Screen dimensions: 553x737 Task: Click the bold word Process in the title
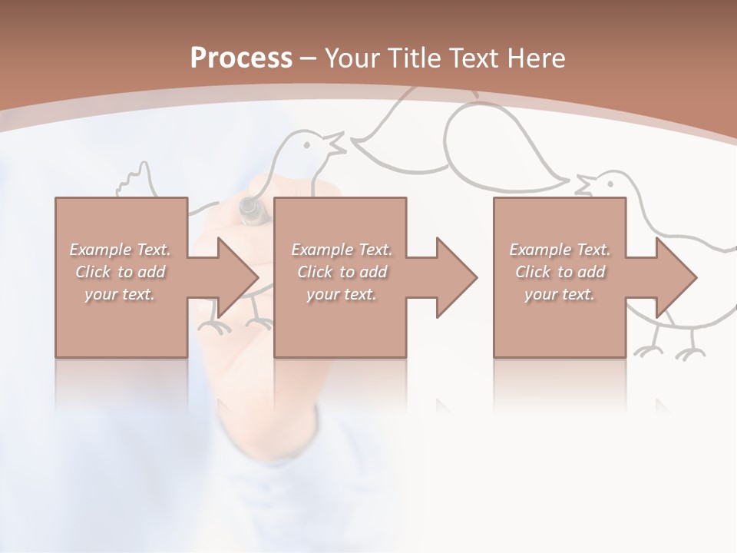tap(241, 58)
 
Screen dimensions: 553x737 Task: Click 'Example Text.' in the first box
tap(120, 250)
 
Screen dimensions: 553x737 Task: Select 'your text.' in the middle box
tap(341, 294)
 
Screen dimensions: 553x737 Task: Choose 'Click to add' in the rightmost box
tap(560, 272)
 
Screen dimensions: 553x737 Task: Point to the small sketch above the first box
tap(137, 180)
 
